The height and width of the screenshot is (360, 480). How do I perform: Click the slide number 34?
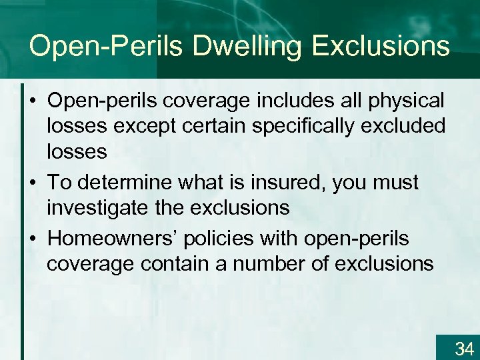[x=463, y=348]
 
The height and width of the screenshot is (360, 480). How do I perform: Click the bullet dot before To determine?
[x=33, y=183]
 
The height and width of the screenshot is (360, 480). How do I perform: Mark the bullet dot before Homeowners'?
[x=33, y=239]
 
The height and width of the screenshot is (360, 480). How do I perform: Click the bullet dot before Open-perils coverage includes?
[x=33, y=102]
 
